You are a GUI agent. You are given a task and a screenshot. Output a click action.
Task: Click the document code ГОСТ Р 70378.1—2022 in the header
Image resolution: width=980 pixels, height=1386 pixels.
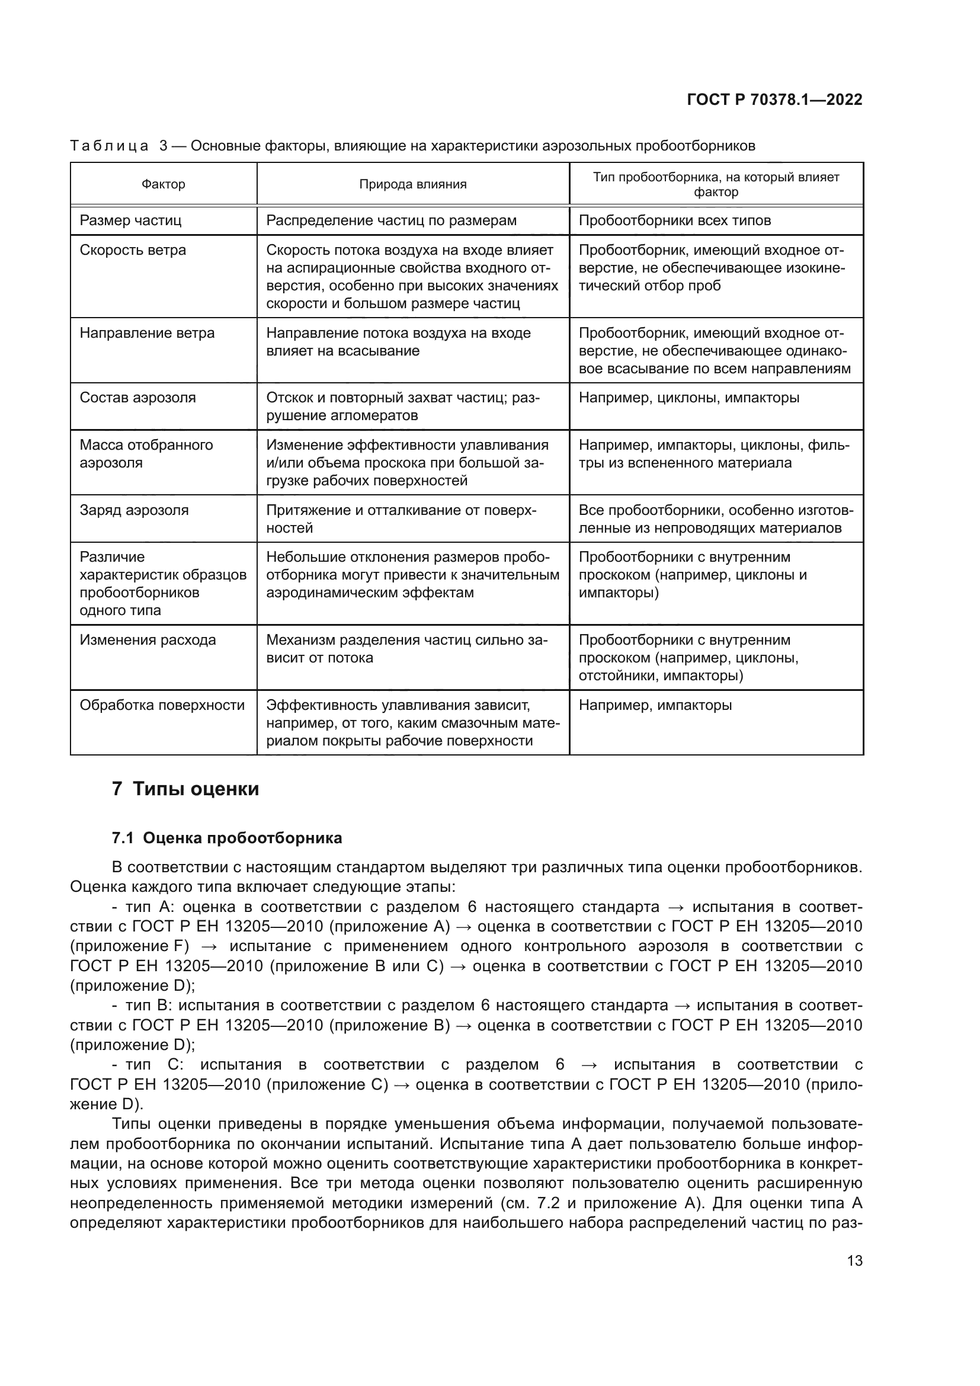click(774, 100)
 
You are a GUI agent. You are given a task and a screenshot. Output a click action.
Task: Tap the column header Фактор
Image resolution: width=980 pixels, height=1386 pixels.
click(163, 184)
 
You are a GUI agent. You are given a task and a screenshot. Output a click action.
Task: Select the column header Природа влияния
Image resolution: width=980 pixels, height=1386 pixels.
click(413, 184)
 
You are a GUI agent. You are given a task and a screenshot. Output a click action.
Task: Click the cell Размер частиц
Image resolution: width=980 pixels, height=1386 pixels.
click(130, 220)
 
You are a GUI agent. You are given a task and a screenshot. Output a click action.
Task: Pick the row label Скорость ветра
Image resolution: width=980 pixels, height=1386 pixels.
click(133, 250)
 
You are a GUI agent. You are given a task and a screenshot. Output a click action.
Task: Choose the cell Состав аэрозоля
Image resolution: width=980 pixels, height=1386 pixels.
click(137, 398)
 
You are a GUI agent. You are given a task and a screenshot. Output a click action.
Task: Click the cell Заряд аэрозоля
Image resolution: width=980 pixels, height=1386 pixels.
click(134, 510)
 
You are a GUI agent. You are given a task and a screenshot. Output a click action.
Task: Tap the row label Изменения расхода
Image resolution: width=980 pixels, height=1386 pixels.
click(148, 640)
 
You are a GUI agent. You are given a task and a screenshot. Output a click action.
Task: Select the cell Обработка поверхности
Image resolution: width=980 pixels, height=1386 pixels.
click(162, 705)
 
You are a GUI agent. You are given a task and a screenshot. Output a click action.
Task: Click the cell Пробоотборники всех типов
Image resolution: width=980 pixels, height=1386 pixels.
click(675, 220)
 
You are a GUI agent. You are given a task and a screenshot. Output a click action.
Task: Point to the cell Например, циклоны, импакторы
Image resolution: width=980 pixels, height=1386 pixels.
click(688, 398)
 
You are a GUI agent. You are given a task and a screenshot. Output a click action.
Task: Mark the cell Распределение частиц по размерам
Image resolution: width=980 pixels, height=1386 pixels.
click(391, 220)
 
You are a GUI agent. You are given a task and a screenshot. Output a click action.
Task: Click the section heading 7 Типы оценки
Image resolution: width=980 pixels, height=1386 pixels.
click(185, 789)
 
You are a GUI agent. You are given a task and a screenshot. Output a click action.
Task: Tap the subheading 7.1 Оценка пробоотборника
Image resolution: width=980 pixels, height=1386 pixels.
click(227, 838)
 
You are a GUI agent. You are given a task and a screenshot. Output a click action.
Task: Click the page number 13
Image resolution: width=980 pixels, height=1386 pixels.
click(854, 1260)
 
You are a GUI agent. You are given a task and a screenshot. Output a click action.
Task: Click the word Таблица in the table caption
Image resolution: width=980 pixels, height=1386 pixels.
click(109, 146)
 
